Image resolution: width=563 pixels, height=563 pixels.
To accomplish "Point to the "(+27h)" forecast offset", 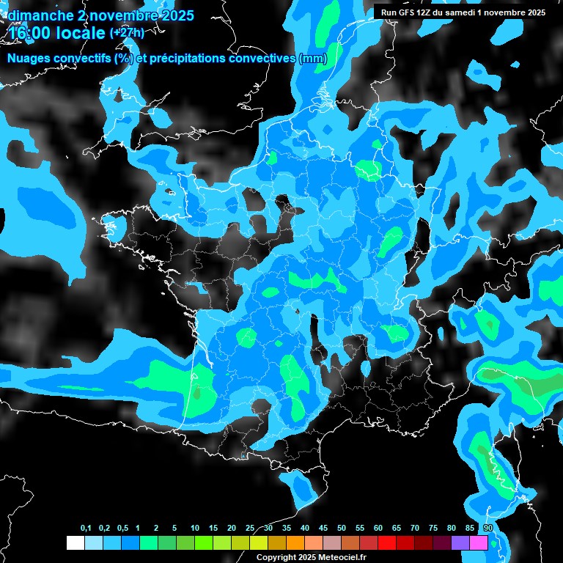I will tap(127, 33).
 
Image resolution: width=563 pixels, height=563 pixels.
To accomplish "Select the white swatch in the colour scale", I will tap(75, 543).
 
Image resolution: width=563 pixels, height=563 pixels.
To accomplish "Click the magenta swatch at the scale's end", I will tap(479, 543).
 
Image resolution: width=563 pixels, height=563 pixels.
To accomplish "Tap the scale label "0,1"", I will tap(86, 529).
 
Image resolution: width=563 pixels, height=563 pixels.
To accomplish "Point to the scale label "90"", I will tap(488, 529).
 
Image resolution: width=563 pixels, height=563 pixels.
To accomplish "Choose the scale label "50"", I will tap(342, 529).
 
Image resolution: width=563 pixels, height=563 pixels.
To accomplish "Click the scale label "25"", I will tap(250, 529).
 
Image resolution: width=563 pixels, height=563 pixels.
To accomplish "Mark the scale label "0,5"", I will tap(122, 529).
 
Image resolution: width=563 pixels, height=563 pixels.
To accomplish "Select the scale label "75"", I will tap(433, 529).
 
